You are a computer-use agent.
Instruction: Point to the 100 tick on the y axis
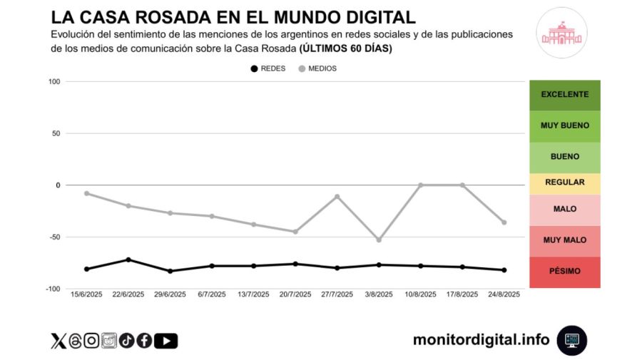[53, 82]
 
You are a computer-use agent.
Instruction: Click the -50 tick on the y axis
[52, 237]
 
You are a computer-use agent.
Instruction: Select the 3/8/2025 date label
[378, 294]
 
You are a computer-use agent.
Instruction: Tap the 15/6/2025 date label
[86, 294]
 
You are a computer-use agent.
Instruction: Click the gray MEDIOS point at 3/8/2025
[378, 240]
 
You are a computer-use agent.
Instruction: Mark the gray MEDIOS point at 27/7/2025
[337, 197]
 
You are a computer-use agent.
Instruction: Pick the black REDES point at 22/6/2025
[128, 259]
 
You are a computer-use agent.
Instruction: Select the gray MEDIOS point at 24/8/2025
[504, 222]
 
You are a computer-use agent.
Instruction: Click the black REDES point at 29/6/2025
[170, 271]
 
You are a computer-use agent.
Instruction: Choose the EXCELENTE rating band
[564, 95]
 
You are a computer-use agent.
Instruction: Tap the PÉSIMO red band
[564, 272]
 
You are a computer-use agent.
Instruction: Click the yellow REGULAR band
[564, 182]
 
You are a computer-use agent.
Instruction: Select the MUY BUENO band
[564, 125]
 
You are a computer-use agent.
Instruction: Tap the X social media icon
[58, 341]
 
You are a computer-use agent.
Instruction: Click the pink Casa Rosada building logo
[561, 33]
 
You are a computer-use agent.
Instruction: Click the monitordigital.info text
[481, 340]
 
